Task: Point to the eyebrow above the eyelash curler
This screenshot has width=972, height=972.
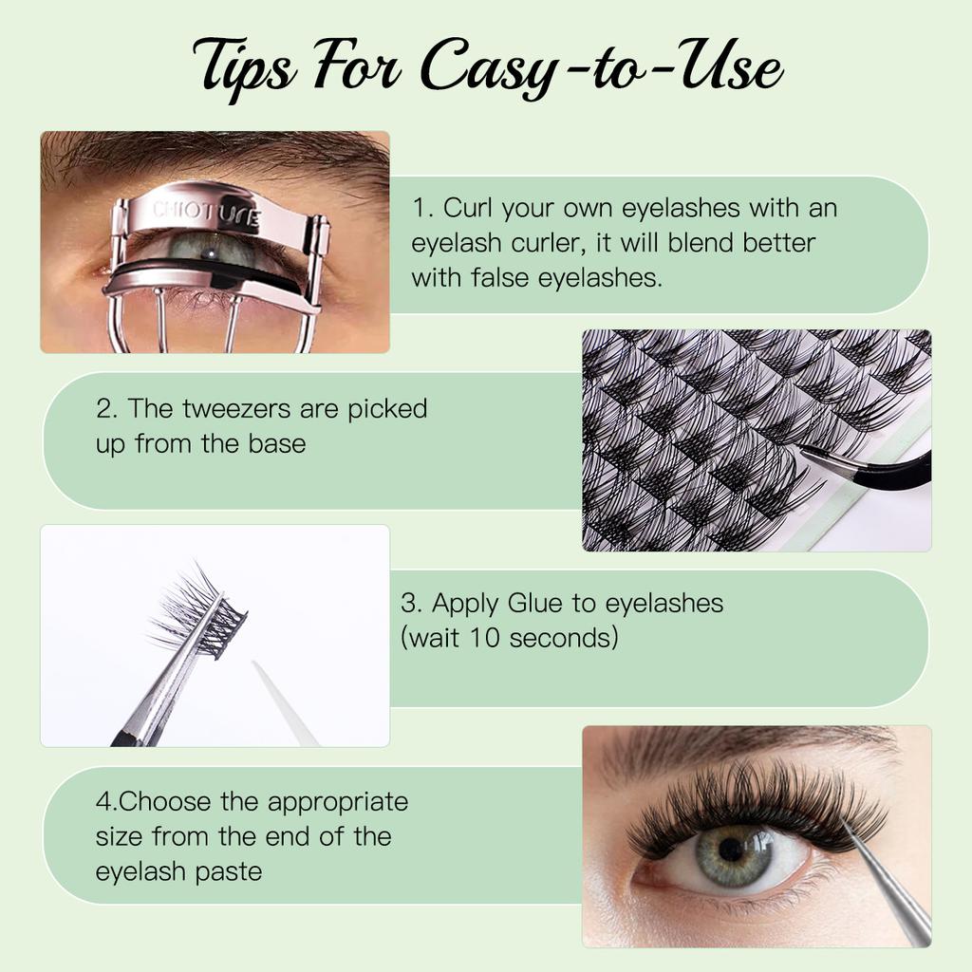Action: [x=218, y=152]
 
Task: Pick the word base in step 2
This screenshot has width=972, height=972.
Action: [x=274, y=443]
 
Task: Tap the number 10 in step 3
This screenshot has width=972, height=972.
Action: [x=482, y=638]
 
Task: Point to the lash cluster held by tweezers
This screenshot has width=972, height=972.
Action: [x=195, y=607]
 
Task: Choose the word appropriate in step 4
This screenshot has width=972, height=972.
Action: [x=337, y=802]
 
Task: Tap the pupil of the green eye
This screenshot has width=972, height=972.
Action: [x=730, y=848]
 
